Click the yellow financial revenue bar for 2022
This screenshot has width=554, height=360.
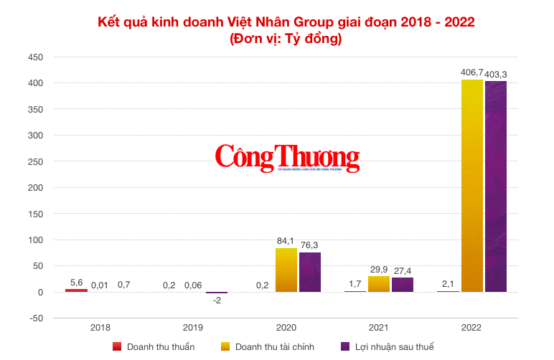coord(471,186)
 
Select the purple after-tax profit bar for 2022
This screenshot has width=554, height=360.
coord(496,186)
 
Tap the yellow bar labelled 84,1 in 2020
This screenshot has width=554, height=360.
coord(286,270)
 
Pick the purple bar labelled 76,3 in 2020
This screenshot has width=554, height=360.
coord(310,272)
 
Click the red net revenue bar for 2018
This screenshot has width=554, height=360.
coord(76,290)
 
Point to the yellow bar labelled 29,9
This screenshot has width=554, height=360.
coord(379,284)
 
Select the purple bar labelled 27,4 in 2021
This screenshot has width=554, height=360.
coord(403,285)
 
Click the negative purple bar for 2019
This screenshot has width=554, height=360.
coord(217,293)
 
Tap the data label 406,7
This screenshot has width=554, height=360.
coord(472,73)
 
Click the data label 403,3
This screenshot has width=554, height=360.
coord(497,74)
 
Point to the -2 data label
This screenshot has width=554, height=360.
coord(217,300)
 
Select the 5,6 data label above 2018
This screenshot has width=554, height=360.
coord(76,283)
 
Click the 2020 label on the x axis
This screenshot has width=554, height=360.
coord(286,328)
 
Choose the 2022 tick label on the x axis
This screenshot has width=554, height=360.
coord(471,328)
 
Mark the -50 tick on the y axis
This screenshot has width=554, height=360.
coord(34,318)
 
